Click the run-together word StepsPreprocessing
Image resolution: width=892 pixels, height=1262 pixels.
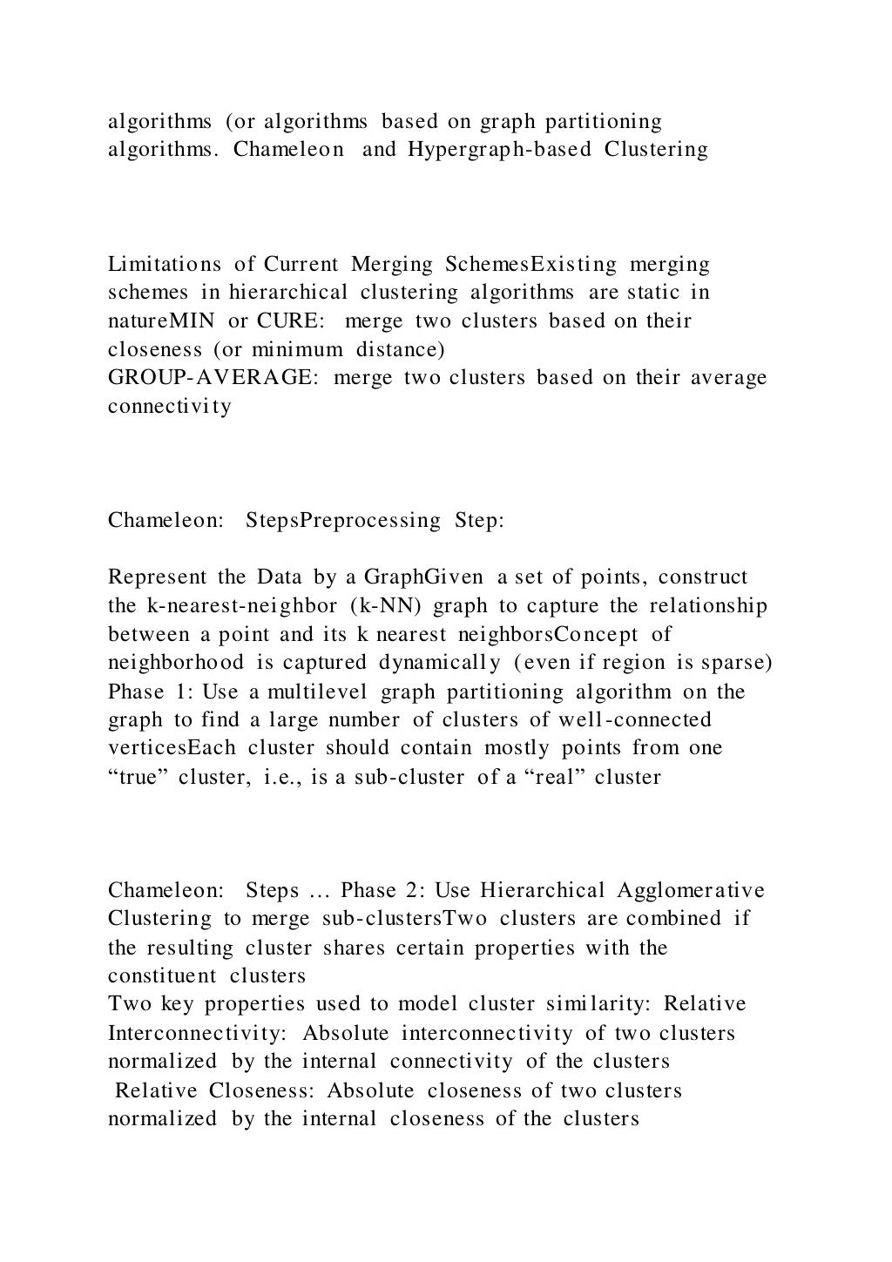tap(343, 521)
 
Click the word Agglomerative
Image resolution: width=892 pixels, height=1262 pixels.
tap(691, 890)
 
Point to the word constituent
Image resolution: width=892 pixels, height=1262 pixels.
tap(163, 975)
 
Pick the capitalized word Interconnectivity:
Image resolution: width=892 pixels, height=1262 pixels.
tap(199, 1033)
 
